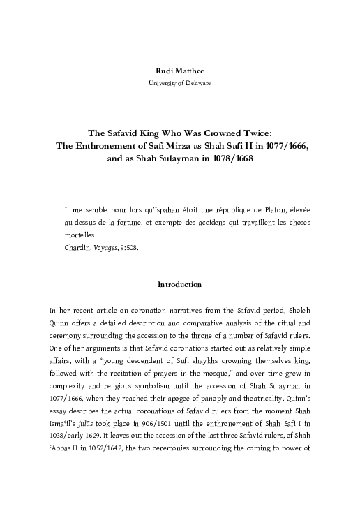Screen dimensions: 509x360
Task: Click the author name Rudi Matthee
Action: tap(180, 70)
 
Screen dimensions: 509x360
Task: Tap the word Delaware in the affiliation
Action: tap(197, 83)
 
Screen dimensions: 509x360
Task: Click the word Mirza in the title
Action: tap(139, 145)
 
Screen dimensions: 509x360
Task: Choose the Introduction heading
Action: tap(180, 285)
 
